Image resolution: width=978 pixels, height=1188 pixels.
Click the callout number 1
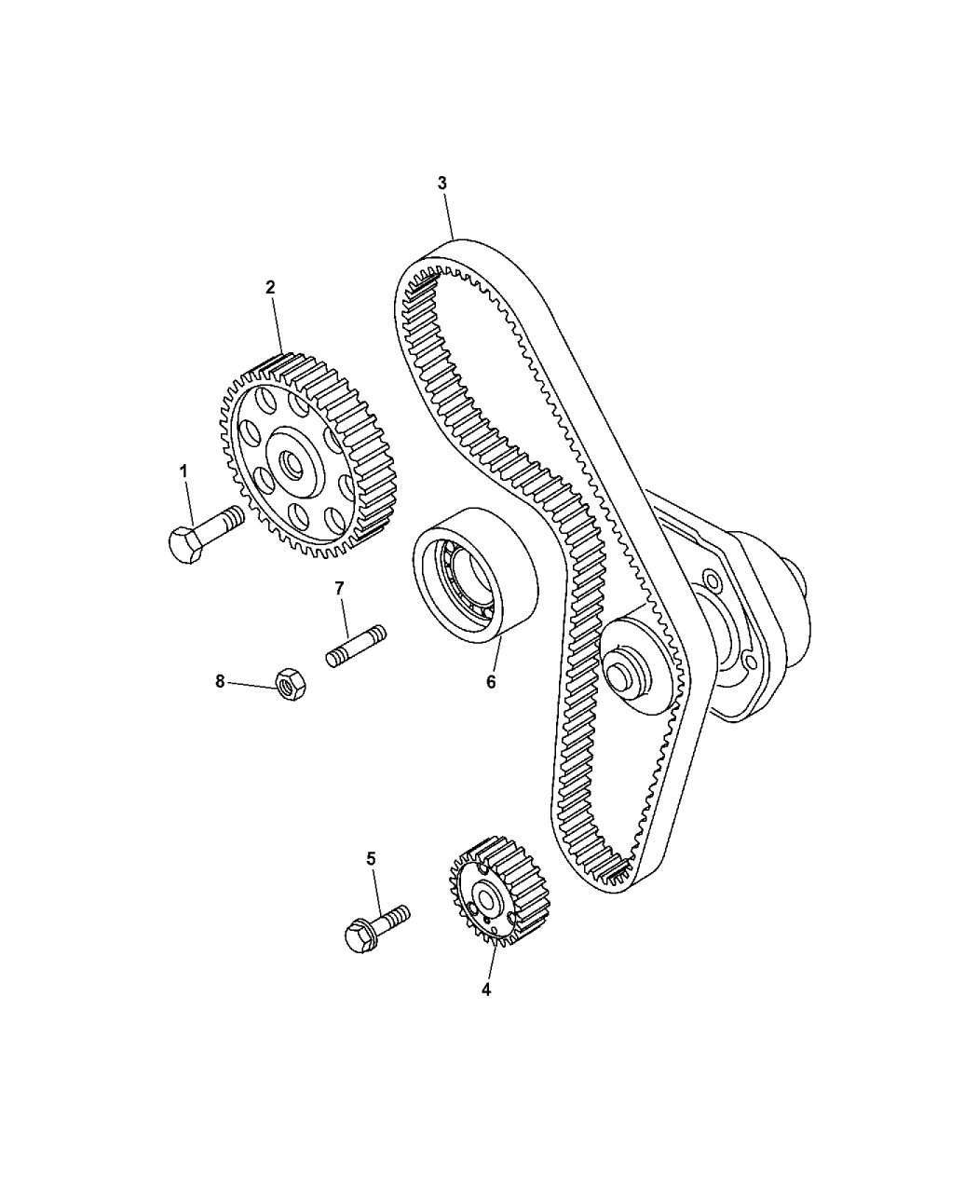pyautogui.click(x=183, y=472)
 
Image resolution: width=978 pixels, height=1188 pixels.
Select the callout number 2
pyautogui.click(x=270, y=288)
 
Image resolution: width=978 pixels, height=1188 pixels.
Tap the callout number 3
pyautogui.click(x=442, y=184)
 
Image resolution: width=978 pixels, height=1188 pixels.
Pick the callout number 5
pyautogui.click(x=371, y=858)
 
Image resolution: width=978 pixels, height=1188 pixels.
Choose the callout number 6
pyautogui.click(x=490, y=681)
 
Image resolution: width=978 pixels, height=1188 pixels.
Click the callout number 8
pyautogui.click(x=221, y=681)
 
